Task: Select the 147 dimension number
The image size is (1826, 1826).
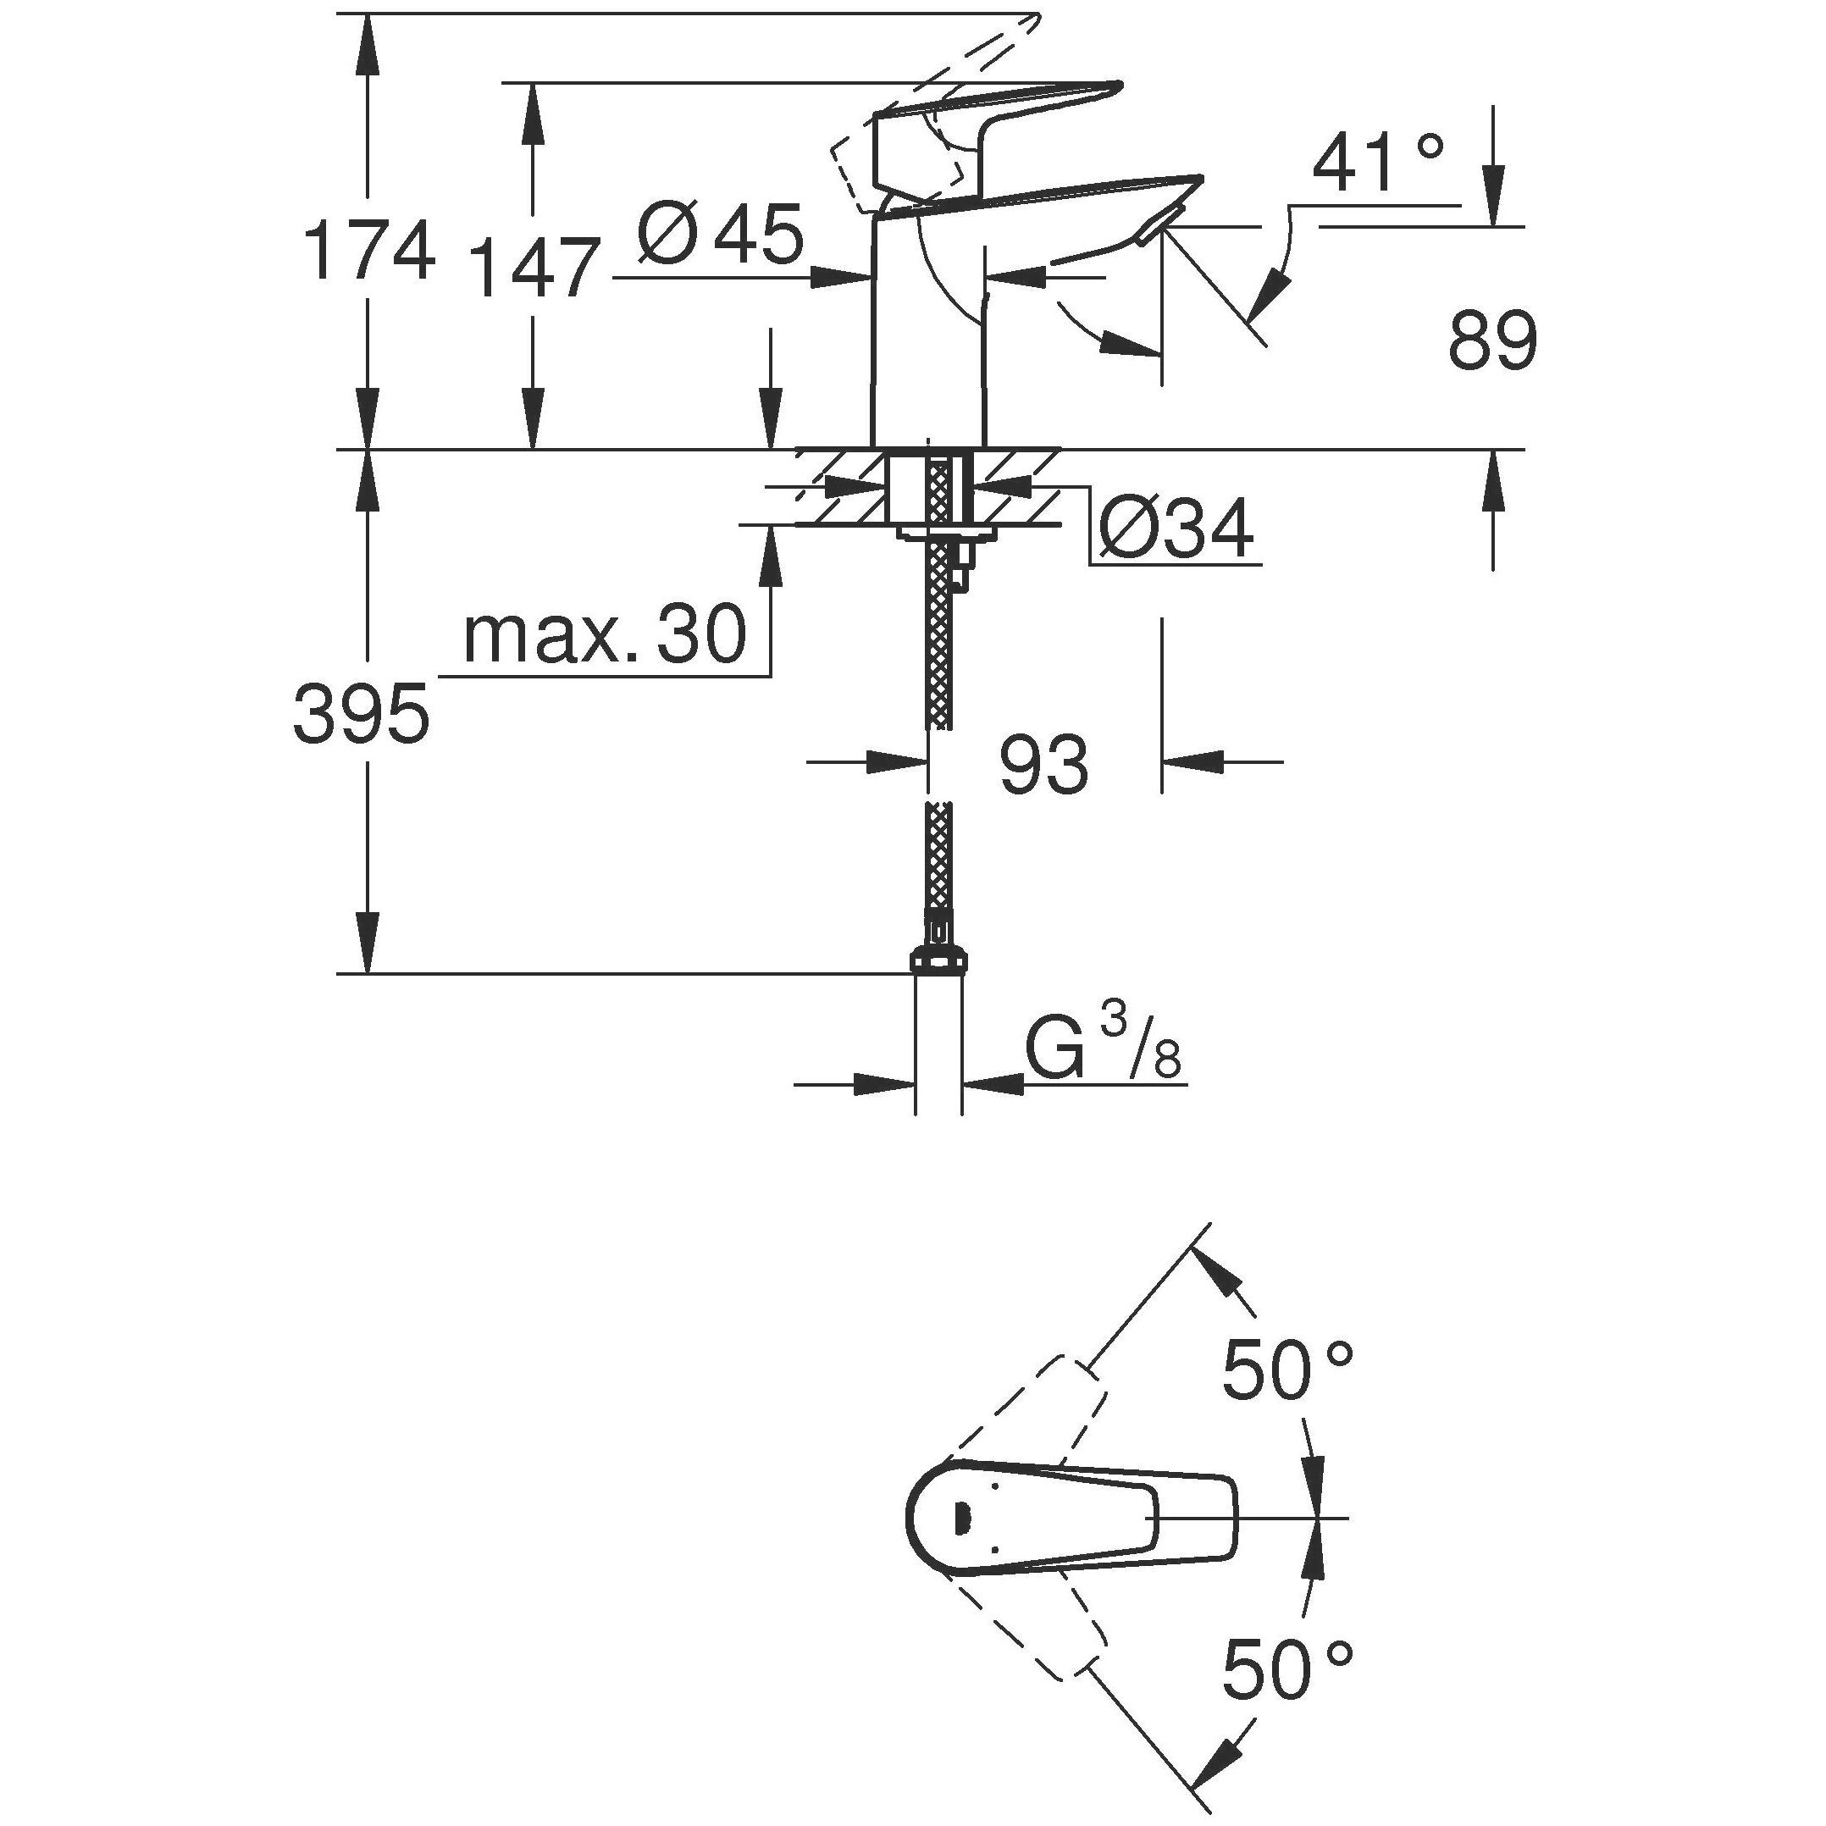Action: (x=535, y=268)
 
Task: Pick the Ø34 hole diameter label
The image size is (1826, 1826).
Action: (x=1177, y=528)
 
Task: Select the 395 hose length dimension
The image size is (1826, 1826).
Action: (x=361, y=714)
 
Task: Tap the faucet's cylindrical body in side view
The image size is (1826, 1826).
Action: (x=927, y=331)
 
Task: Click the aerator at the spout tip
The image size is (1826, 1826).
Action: (x=1156, y=230)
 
